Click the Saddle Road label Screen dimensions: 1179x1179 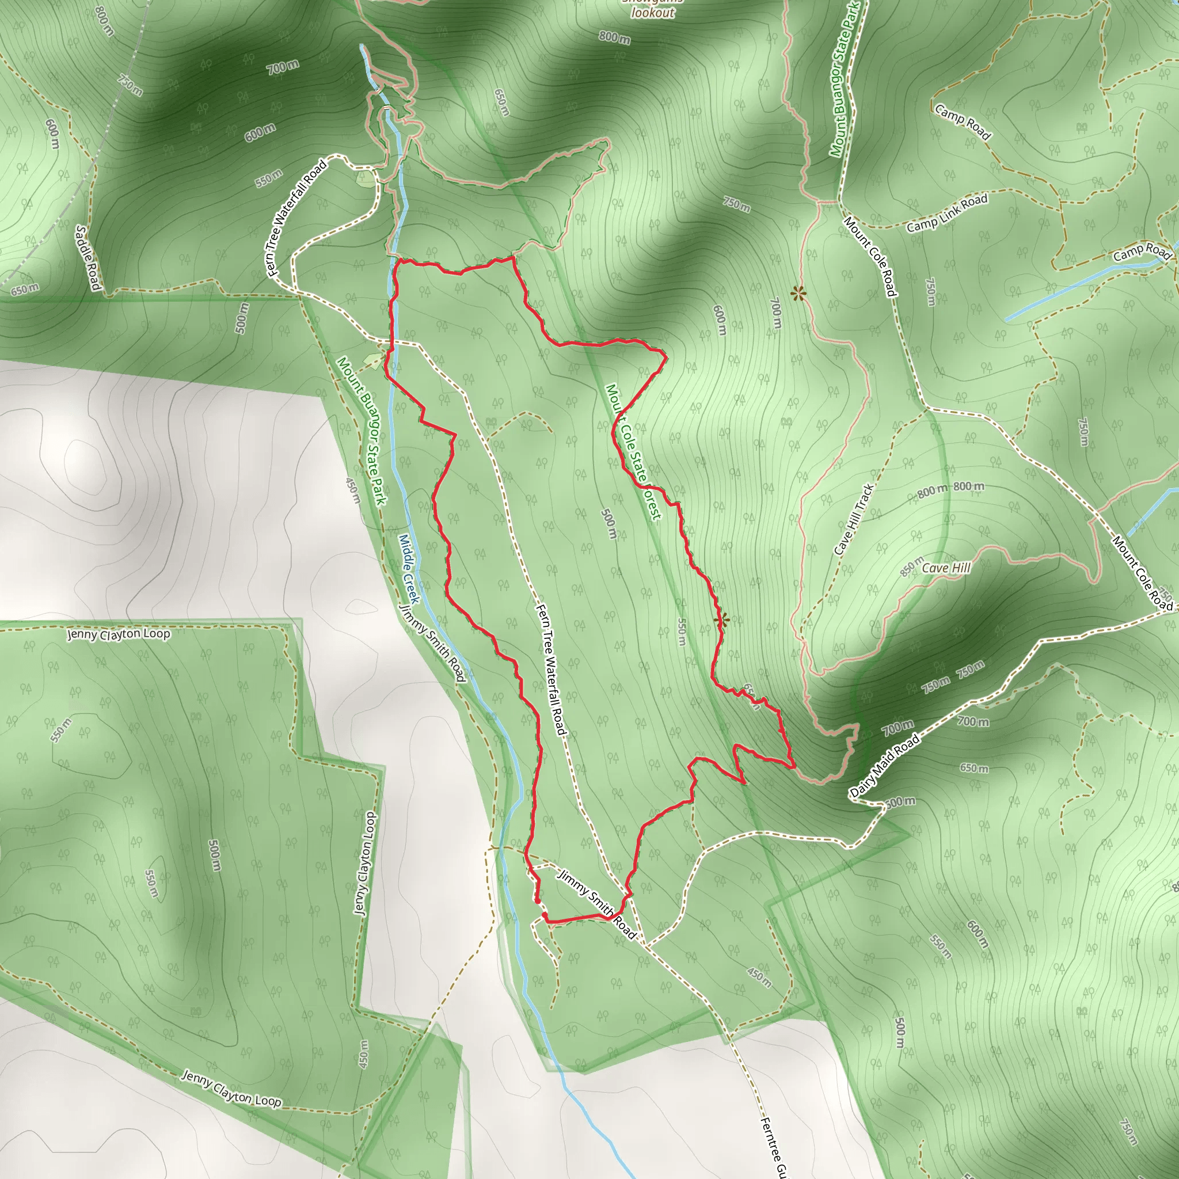pos(88,257)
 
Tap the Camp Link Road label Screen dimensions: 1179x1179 pos(946,213)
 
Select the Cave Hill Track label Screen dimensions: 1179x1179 pos(854,520)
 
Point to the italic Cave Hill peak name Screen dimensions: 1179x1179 pos(946,568)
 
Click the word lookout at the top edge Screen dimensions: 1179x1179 pos(652,12)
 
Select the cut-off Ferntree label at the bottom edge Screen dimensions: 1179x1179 pos(772,1147)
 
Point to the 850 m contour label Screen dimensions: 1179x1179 pos(912,567)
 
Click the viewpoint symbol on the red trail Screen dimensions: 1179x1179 pos(721,621)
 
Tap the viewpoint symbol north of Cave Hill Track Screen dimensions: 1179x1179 pos(797,294)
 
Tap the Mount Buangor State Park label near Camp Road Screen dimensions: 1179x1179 pos(845,79)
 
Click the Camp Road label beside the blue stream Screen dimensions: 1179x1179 pos(1141,252)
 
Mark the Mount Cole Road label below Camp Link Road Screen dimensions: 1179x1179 pos(870,256)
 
